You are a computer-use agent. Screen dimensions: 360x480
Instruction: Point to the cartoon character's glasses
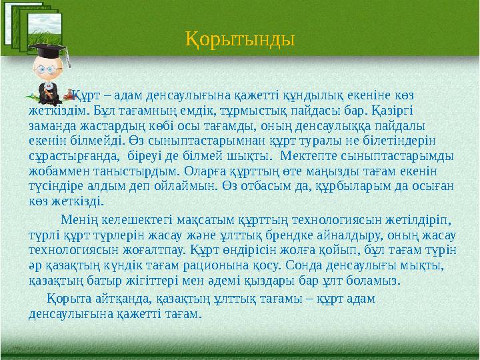(x=46, y=69)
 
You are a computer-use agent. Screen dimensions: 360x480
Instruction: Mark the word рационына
(x=237, y=266)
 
